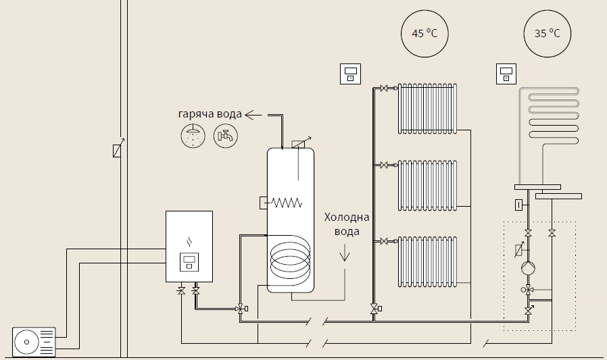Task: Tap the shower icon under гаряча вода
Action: click(x=193, y=136)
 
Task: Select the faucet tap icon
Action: click(x=226, y=136)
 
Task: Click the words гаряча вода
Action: click(x=210, y=114)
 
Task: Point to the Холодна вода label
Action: click(x=347, y=224)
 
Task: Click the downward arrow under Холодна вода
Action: click(x=345, y=255)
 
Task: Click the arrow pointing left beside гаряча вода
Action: click(x=253, y=115)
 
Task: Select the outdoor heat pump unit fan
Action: click(x=27, y=342)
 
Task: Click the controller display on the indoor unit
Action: click(x=189, y=262)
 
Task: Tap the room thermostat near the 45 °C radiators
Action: click(x=350, y=74)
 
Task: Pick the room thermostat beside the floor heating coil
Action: click(x=506, y=74)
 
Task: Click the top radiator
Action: click(x=427, y=108)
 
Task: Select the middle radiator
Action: click(x=427, y=185)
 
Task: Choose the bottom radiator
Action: click(x=427, y=261)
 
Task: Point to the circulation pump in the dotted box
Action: click(x=528, y=267)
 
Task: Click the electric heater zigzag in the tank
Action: click(x=287, y=203)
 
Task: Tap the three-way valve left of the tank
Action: click(x=241, y=309)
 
